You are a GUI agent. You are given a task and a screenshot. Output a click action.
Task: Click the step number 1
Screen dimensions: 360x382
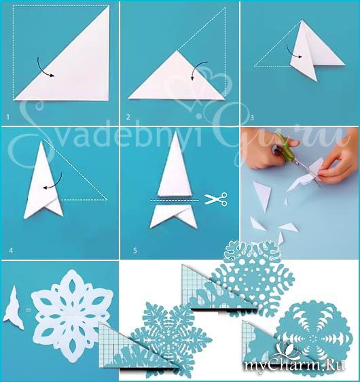7,118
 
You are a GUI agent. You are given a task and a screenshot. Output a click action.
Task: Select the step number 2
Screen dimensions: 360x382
128,118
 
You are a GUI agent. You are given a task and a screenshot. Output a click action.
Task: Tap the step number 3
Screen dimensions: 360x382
252,118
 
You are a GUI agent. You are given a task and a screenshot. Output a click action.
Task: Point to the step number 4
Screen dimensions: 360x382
11,250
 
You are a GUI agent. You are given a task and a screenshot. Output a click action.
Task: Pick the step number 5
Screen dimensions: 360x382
135,250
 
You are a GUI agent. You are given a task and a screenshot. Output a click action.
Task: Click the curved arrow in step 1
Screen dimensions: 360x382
44,68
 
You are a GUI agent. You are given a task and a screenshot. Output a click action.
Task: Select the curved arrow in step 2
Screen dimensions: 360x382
198,69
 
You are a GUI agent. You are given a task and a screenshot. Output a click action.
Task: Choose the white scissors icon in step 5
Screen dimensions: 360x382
216,198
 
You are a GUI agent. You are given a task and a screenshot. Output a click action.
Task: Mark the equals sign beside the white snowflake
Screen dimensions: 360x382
29,310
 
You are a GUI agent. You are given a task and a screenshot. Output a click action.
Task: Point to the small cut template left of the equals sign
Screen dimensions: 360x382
14,309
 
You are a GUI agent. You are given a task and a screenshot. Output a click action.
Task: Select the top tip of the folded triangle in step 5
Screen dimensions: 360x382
176,132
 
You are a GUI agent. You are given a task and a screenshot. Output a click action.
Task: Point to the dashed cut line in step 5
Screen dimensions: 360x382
175,201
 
